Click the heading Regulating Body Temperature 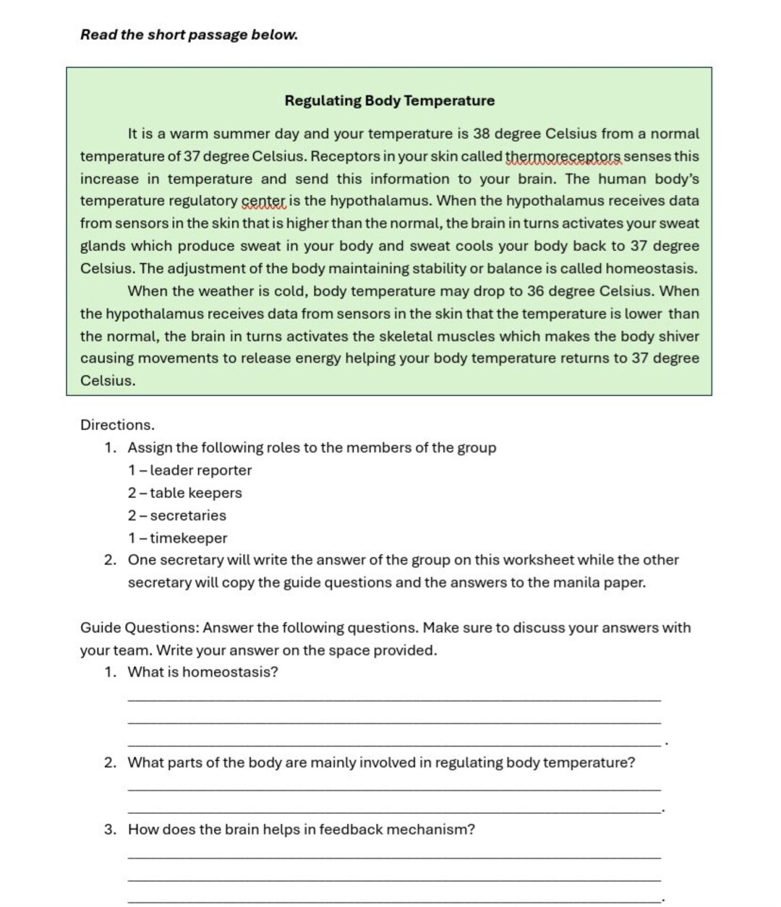(389, 100)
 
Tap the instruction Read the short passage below (189, 35)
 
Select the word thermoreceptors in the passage (563, 157)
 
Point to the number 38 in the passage (482, 134)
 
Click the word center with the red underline (263, 201)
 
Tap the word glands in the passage (102, 246)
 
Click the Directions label (117, 425)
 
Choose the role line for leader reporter (190, 470)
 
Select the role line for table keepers (185, 493)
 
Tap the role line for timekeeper (178, 538)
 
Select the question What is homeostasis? (202, 672)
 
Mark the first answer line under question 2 (393, 788)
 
